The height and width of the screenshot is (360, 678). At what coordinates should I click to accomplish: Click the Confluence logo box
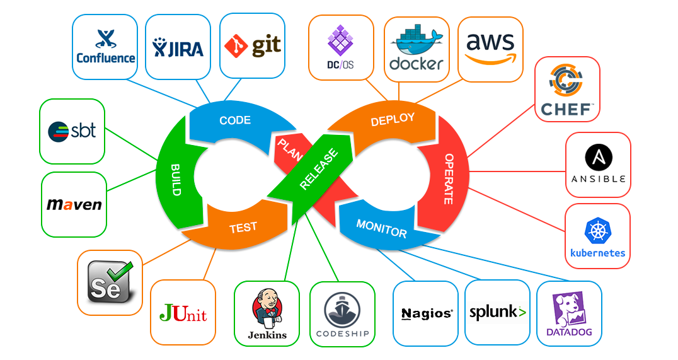105,47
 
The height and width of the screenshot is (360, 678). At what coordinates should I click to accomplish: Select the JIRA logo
178,47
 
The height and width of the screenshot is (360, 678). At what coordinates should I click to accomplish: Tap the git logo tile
253,45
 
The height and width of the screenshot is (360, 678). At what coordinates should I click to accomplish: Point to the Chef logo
567,90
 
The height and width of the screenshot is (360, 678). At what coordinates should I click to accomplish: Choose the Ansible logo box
598,165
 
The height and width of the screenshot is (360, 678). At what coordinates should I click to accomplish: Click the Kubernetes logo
597,238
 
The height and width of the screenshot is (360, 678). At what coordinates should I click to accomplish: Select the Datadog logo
569,314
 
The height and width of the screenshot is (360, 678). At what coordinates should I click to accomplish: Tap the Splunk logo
498,312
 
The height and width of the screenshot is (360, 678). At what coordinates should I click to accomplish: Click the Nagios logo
427,313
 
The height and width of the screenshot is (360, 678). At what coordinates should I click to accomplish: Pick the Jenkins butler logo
267,314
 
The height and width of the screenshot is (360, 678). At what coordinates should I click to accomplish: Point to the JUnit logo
183,313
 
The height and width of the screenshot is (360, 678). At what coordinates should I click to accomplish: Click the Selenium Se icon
110,282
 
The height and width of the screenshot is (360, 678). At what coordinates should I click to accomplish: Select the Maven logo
74,204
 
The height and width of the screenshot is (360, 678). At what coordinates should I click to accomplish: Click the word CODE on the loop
235,120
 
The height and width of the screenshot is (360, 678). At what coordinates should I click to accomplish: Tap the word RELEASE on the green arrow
319,169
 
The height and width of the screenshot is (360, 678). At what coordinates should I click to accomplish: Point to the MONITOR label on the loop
381,229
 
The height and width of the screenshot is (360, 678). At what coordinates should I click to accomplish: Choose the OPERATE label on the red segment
449,178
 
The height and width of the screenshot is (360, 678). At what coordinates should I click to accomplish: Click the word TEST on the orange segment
243,228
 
